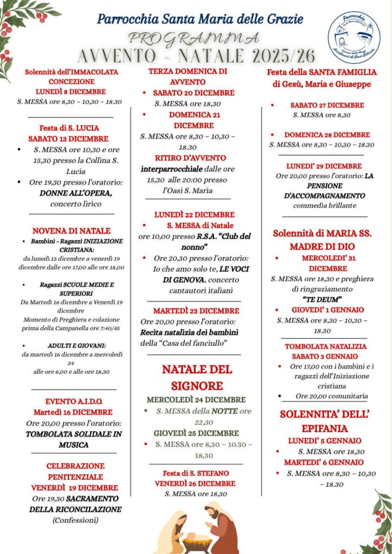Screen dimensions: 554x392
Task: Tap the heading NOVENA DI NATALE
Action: tap(71, 230)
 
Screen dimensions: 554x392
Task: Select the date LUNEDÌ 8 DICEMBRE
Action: tap(71, 91)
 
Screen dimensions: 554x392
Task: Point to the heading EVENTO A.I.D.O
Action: tap(71, 401)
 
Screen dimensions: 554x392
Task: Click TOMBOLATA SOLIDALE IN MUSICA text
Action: tap(74, 439)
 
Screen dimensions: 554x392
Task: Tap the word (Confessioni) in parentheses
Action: tap(75, 520)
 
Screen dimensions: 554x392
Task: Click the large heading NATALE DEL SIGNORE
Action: tap(197, 378)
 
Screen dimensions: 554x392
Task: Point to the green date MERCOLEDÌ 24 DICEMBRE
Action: tap(196, 400)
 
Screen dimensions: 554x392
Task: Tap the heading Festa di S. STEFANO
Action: tap(195, 473)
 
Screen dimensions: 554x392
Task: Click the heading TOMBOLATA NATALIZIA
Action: tap(325, 346)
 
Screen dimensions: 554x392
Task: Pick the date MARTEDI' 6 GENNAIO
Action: tap(324, 462)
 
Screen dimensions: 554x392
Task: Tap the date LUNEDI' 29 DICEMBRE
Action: tap(324, 166)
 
